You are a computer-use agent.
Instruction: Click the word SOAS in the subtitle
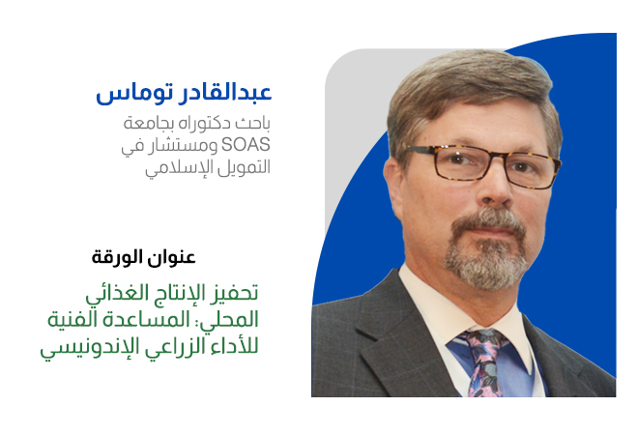(x=246, y=145)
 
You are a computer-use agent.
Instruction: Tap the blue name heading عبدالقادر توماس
(x=184, y=93)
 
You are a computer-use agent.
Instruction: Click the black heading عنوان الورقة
(x=143, y=257)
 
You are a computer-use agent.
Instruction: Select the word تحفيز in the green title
(x=240, y=293)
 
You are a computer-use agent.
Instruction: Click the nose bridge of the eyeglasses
(x=497, y=159)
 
